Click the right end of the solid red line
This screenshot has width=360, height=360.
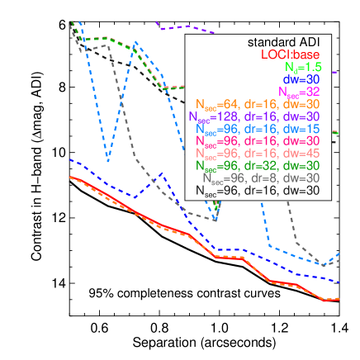339,299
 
